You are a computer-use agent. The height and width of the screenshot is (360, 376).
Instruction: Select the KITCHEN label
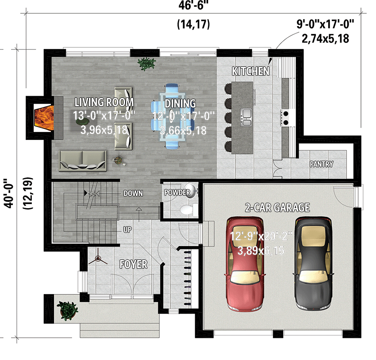click(251, 71)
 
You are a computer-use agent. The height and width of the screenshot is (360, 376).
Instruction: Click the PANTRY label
click(322, 164)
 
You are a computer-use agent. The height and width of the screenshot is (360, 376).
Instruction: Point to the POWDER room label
click(177, 193)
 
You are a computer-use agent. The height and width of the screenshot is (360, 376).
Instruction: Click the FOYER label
click(134, 265)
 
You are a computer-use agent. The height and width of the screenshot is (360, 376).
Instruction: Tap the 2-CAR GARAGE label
click(277, 207)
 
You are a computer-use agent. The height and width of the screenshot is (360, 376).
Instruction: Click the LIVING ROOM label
click(104, 103)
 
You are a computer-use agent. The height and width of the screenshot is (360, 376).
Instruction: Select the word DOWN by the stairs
click(133, 194)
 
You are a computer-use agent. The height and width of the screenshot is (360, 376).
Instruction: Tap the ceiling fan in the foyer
click(98, 260)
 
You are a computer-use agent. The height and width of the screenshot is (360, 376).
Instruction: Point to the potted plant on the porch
click(67, 310)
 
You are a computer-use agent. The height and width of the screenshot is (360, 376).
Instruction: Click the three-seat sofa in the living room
click(83, 160)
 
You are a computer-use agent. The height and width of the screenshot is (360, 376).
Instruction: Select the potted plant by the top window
click(146, 64)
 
